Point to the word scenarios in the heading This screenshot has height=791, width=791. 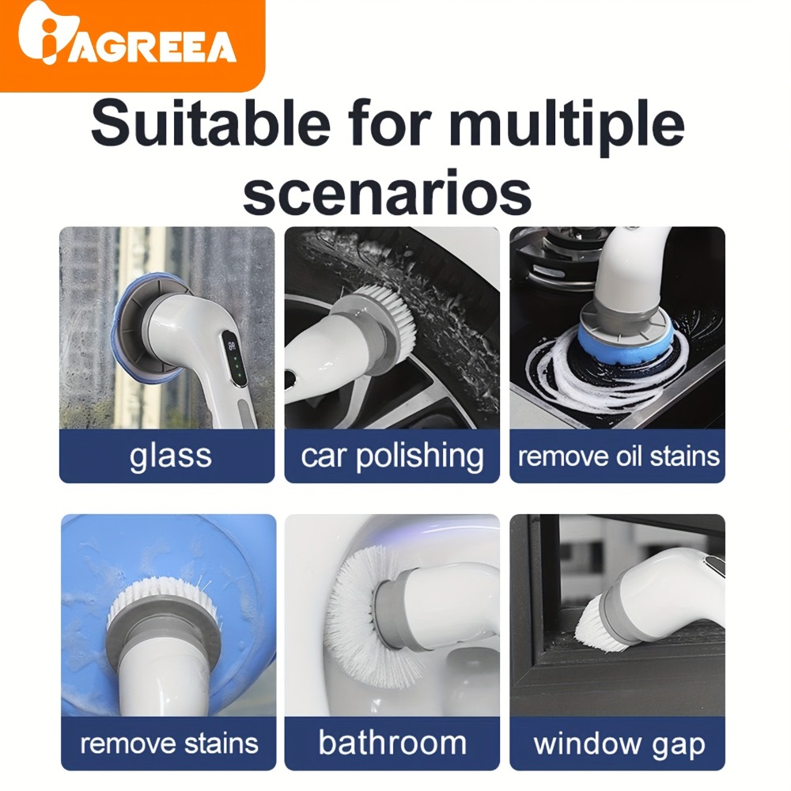coord(387,193)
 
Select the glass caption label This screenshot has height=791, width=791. coord(171,456)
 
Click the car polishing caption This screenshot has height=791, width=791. coord(392,456)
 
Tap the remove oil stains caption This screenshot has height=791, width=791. coord(619,456)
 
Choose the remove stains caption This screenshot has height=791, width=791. coord(169,743)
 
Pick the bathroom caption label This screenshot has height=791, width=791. coord(392,743)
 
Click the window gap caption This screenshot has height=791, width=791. coord(619,744)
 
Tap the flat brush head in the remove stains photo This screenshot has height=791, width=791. coord(164,602)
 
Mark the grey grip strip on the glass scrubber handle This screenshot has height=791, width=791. coord(246,411)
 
